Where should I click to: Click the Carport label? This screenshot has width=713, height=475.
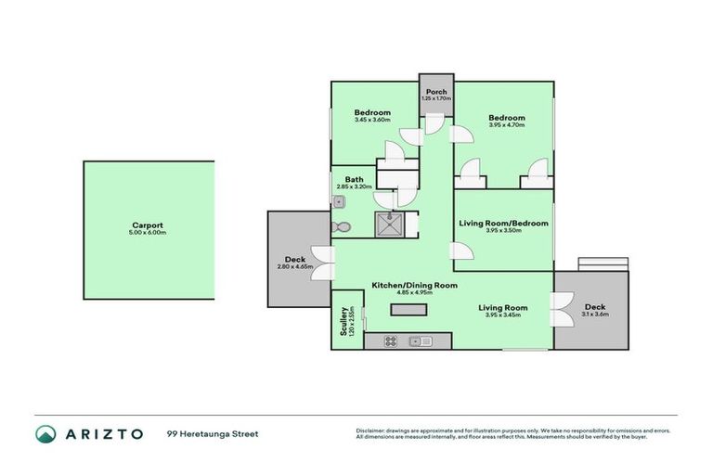(149, 225)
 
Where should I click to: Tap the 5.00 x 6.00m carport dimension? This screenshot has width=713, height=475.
(149, 233)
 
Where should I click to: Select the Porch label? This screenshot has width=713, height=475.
(435, 92)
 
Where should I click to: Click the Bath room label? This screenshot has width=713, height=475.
(354, 179)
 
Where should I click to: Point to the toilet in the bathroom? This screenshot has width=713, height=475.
(341, 227)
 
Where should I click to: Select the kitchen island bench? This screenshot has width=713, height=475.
(404, 312)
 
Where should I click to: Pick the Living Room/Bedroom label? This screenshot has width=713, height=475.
(504, 224)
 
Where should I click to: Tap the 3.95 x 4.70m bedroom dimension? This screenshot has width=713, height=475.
(507, 125)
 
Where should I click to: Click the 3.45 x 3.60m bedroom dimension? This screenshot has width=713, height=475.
(372, 120)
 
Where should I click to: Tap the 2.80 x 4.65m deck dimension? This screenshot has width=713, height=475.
(295, 267)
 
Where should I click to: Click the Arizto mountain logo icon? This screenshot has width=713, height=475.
(45, 433)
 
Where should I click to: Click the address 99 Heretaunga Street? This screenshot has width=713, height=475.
(213, 433)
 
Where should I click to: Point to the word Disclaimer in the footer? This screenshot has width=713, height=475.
(370, 430)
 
